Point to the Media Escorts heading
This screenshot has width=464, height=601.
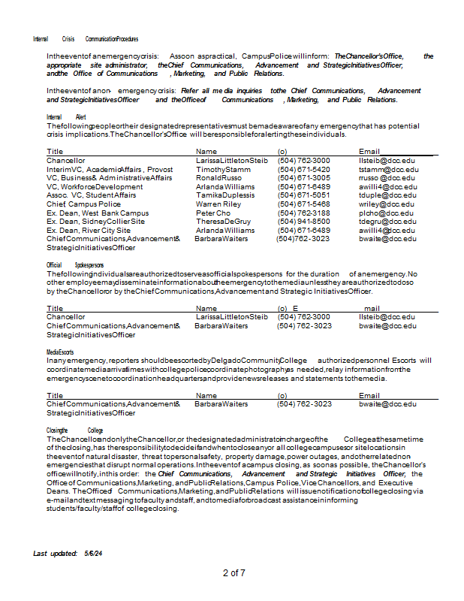(x=60, y=352)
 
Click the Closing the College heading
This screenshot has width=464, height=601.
(x=69, y=430)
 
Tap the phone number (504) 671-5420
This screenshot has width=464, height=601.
(x=303, y=170)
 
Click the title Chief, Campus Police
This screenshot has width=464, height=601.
(x=83, y=204)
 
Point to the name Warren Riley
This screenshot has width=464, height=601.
(x=218, y=204)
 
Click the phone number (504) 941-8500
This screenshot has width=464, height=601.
(x=303, y=222)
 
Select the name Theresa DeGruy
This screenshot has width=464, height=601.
(x=224, y=222)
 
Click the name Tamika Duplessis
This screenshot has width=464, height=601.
(x=225, y=195)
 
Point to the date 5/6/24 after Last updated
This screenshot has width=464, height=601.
(x=94, y=553)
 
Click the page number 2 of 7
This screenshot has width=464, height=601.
(x=234, y=573)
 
